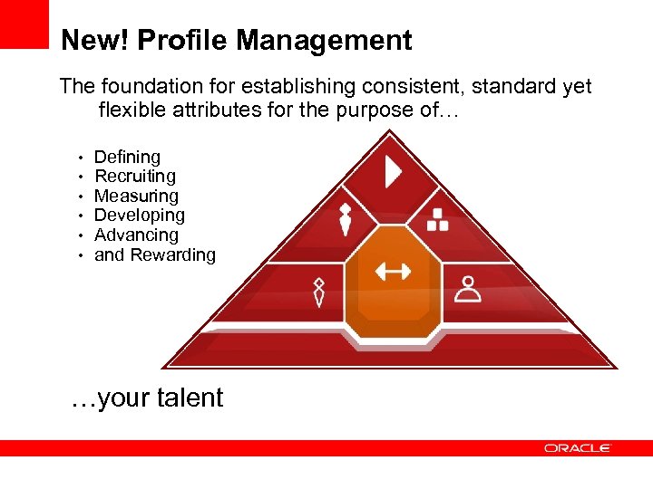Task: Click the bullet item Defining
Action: click(x=127, y=157)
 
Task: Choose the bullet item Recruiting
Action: click(x=135, y=176)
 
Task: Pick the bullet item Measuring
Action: click(x=136, y=196)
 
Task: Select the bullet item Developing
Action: click(x=139, y=216)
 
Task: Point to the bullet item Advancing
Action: click(x=136, y=235)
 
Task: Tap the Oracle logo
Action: click(x=578, y=447)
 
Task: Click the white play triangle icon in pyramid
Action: click(x=393, y=172)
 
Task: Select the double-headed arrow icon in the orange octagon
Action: click(x=393, y=270)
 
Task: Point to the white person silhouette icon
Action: click(x=468, y=288)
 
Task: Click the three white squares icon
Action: click(x=438, y=219)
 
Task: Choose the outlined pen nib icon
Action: click(x=319, y=292)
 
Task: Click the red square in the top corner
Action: click(x=24, y=24)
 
